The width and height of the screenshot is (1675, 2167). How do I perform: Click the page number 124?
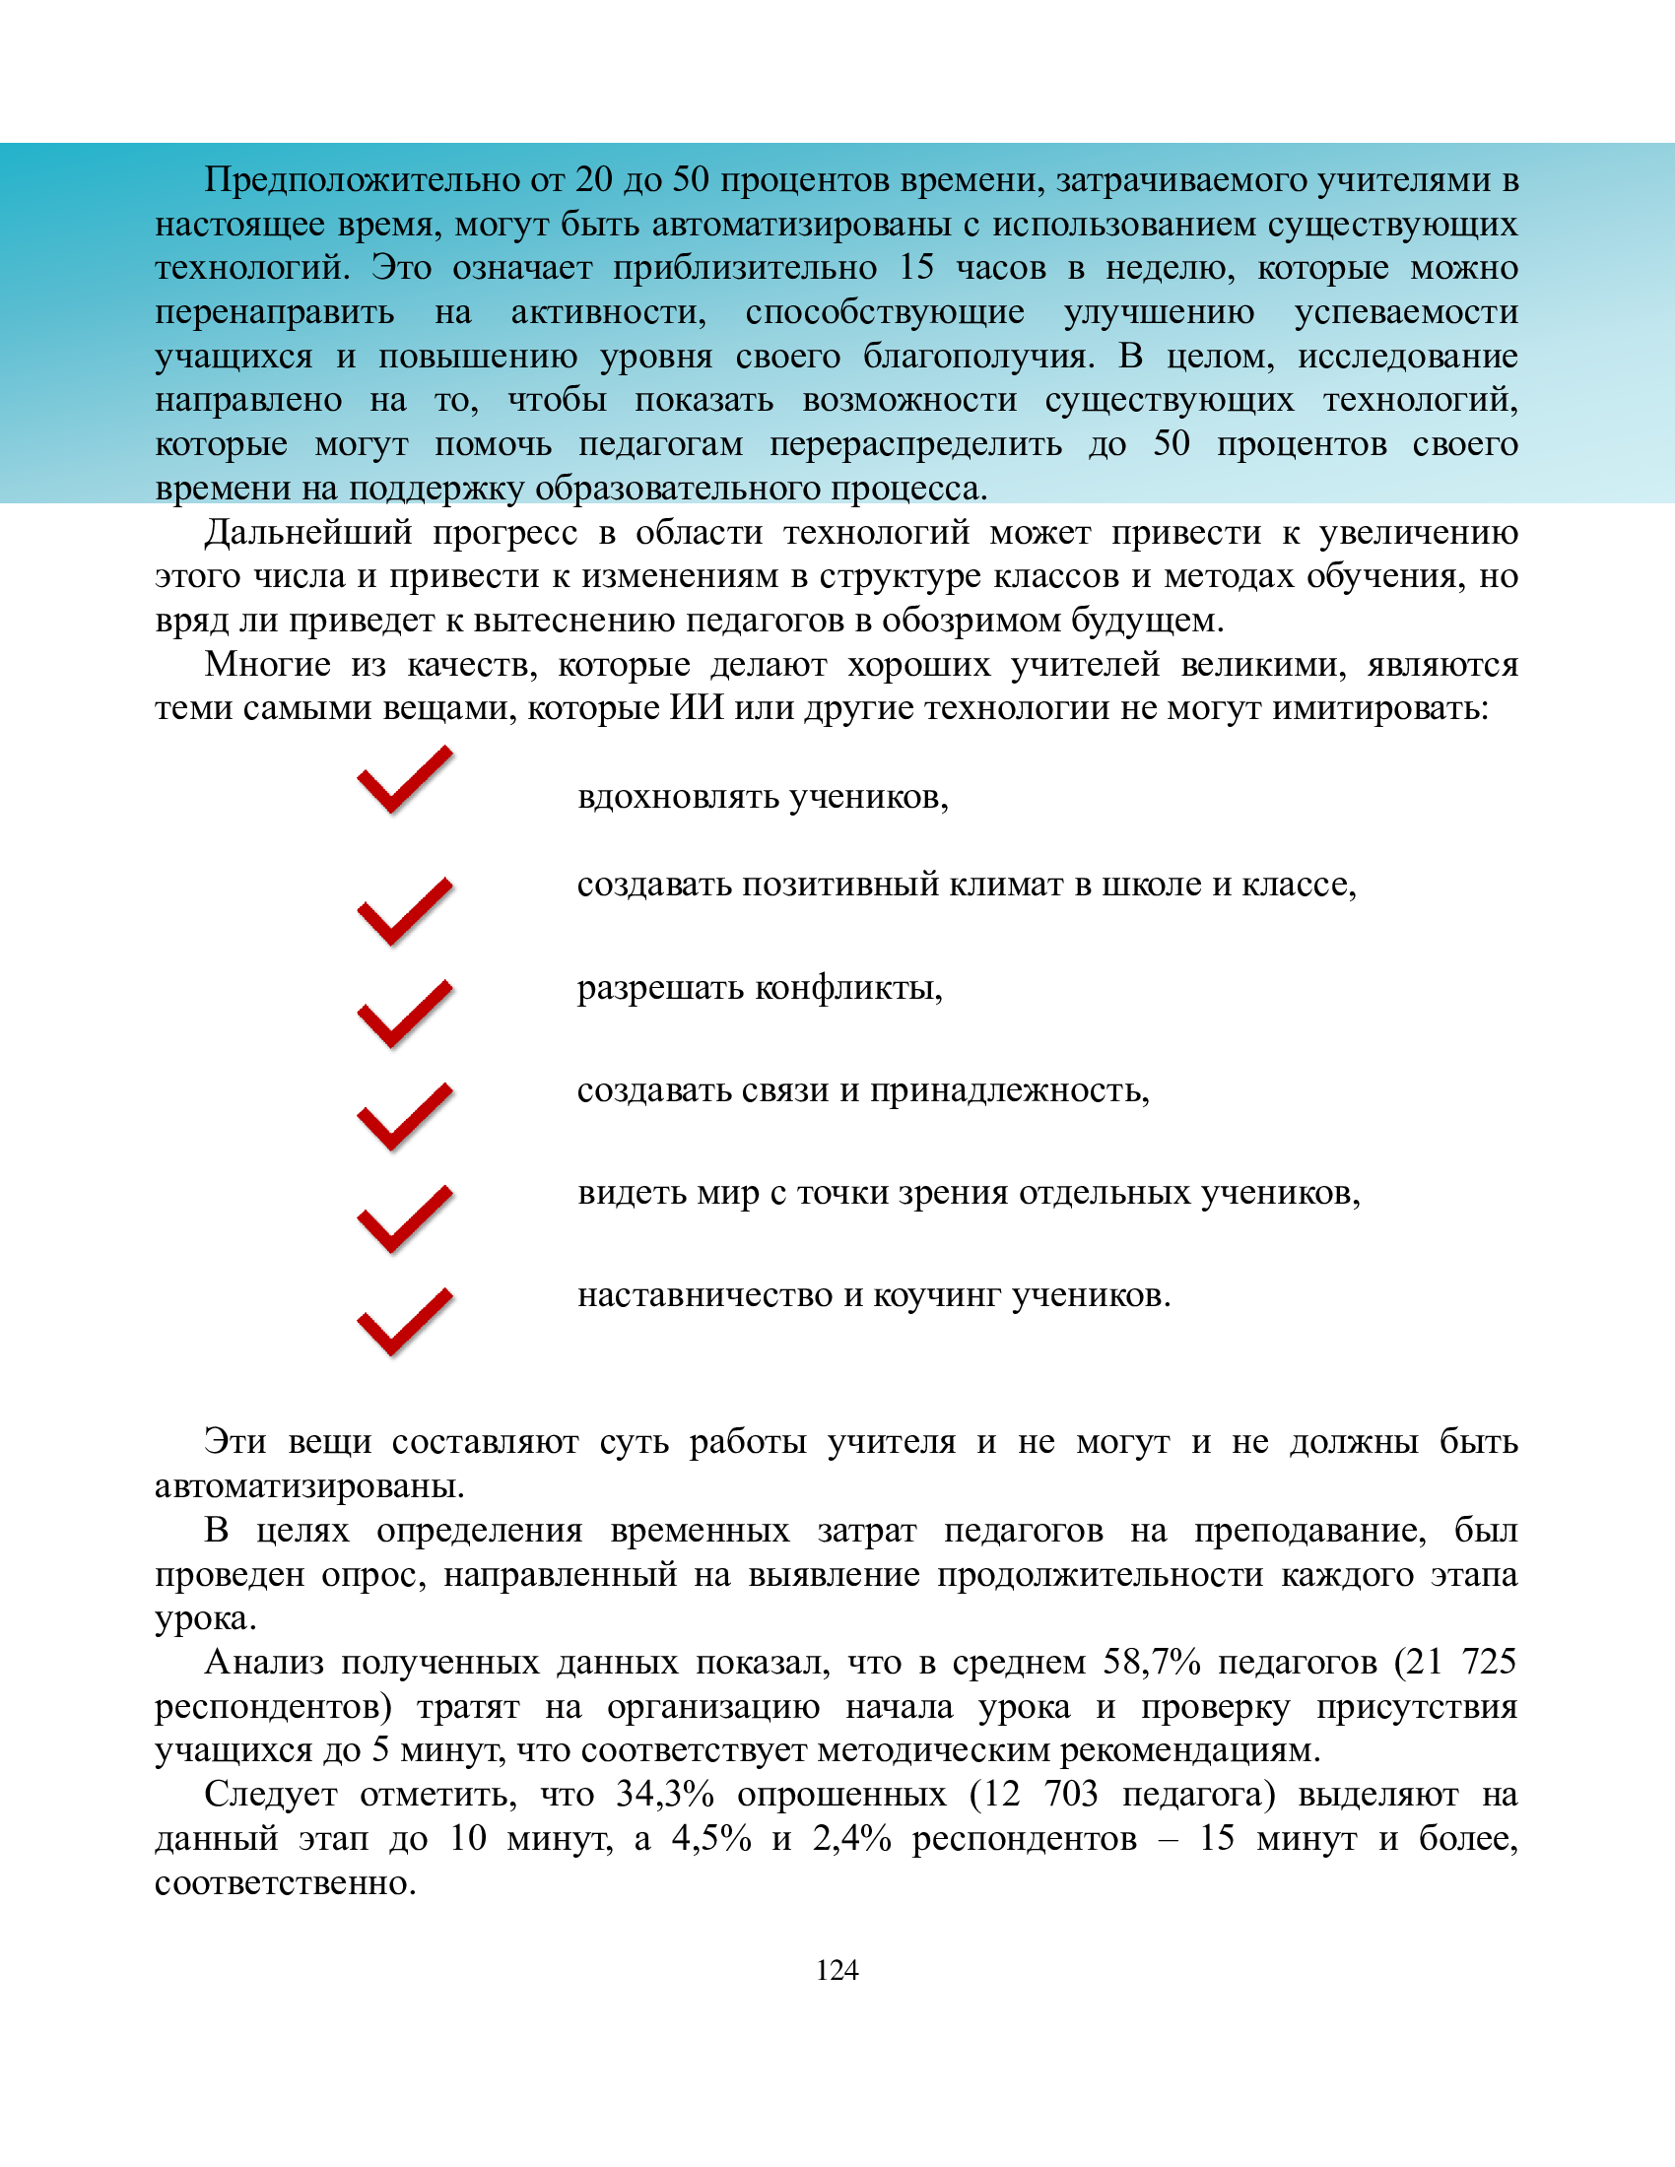coord(837,1970)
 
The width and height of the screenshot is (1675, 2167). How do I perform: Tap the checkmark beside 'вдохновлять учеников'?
coord(404,781)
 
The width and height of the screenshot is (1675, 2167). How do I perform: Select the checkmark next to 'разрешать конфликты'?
coord(404,1013)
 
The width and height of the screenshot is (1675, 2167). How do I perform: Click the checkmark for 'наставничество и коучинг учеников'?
coord(404,1322)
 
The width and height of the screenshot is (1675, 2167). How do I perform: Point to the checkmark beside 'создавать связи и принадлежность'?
coord(404,1116)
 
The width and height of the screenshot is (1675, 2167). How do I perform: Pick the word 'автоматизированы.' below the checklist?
coord(309,1485)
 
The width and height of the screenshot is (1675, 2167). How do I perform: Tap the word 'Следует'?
coord(270,1794)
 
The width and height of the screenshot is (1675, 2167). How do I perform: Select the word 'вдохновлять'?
coord(678,797)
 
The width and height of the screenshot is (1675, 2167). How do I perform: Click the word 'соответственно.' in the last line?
coord(286,1882)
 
